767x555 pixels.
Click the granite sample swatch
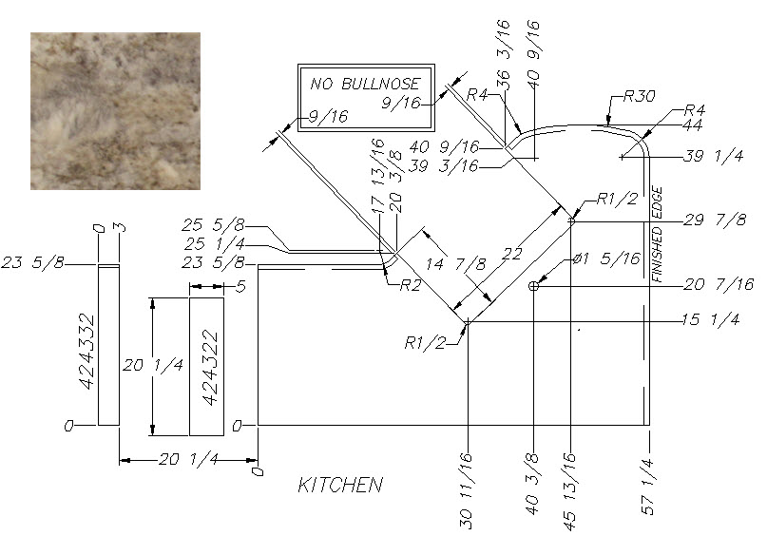(115, 111)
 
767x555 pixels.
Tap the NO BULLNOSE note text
(365, 84)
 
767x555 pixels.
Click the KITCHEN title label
(340, 485)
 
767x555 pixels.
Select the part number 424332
(86, 351)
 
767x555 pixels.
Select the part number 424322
(210, 367)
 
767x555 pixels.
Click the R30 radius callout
(639, 96)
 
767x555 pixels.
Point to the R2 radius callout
(410, 284)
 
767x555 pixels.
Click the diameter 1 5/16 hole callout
(606, 258)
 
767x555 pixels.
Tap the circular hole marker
(534, 286)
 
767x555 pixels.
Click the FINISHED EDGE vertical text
(657, 234)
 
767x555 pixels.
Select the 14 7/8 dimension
(455, 264)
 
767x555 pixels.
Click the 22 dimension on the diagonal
(511, 254)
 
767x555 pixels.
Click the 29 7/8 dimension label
(715, 220)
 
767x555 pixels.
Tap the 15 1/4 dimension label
(711, 320)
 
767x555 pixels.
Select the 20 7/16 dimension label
(719, 284)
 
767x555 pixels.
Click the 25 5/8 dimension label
(213, 225)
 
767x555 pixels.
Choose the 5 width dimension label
(240, 287)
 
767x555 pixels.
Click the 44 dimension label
(693, 125)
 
